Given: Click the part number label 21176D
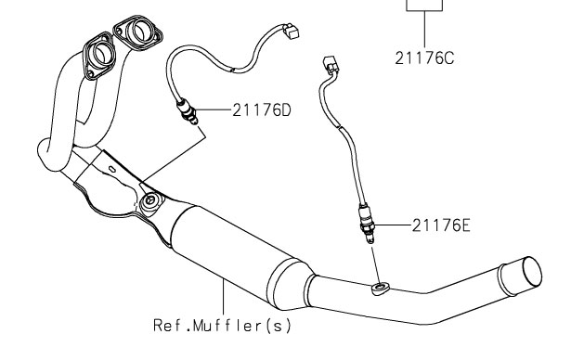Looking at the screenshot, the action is pyautogui.click(x=262, y=110).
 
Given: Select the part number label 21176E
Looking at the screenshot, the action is pyautogui.click(x=441, y=225).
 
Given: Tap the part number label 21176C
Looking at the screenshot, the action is pyautogui.click(x=424, y=58).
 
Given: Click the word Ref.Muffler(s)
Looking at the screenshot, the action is pyautogui.click(x=222, y=326).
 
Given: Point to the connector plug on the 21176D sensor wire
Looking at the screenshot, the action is pyautogui.click(x=291, y=31).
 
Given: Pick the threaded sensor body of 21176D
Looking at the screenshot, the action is pyautogui.click(x=188, y=111).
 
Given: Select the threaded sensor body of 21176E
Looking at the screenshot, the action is pyautogui.click(x=366, y=224).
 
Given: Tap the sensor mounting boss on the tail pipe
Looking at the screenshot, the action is pyautogui.click(x=381, y=288).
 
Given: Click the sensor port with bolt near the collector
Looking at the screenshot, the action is pyautogui.click(x=150, y=201).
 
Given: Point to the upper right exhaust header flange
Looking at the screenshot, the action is pyautogui.click(x=137, y=32).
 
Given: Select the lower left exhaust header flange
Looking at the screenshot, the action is pyautogui.click(x=99, y=56).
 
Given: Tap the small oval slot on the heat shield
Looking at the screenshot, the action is pyautogui.click(x=112, y=170).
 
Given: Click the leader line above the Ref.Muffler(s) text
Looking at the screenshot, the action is pyautogui.click(x=224, y=297).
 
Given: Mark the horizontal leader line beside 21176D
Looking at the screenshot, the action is pyautogui.click(x=214, y=109).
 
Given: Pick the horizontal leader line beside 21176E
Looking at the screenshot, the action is pyautogui.click(x=393, y=225).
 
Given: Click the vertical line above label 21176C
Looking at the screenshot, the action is pyautogui.click(x=424, y=29).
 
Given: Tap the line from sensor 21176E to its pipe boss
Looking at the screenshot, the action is pyautogui.click(x=375, y=265).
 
